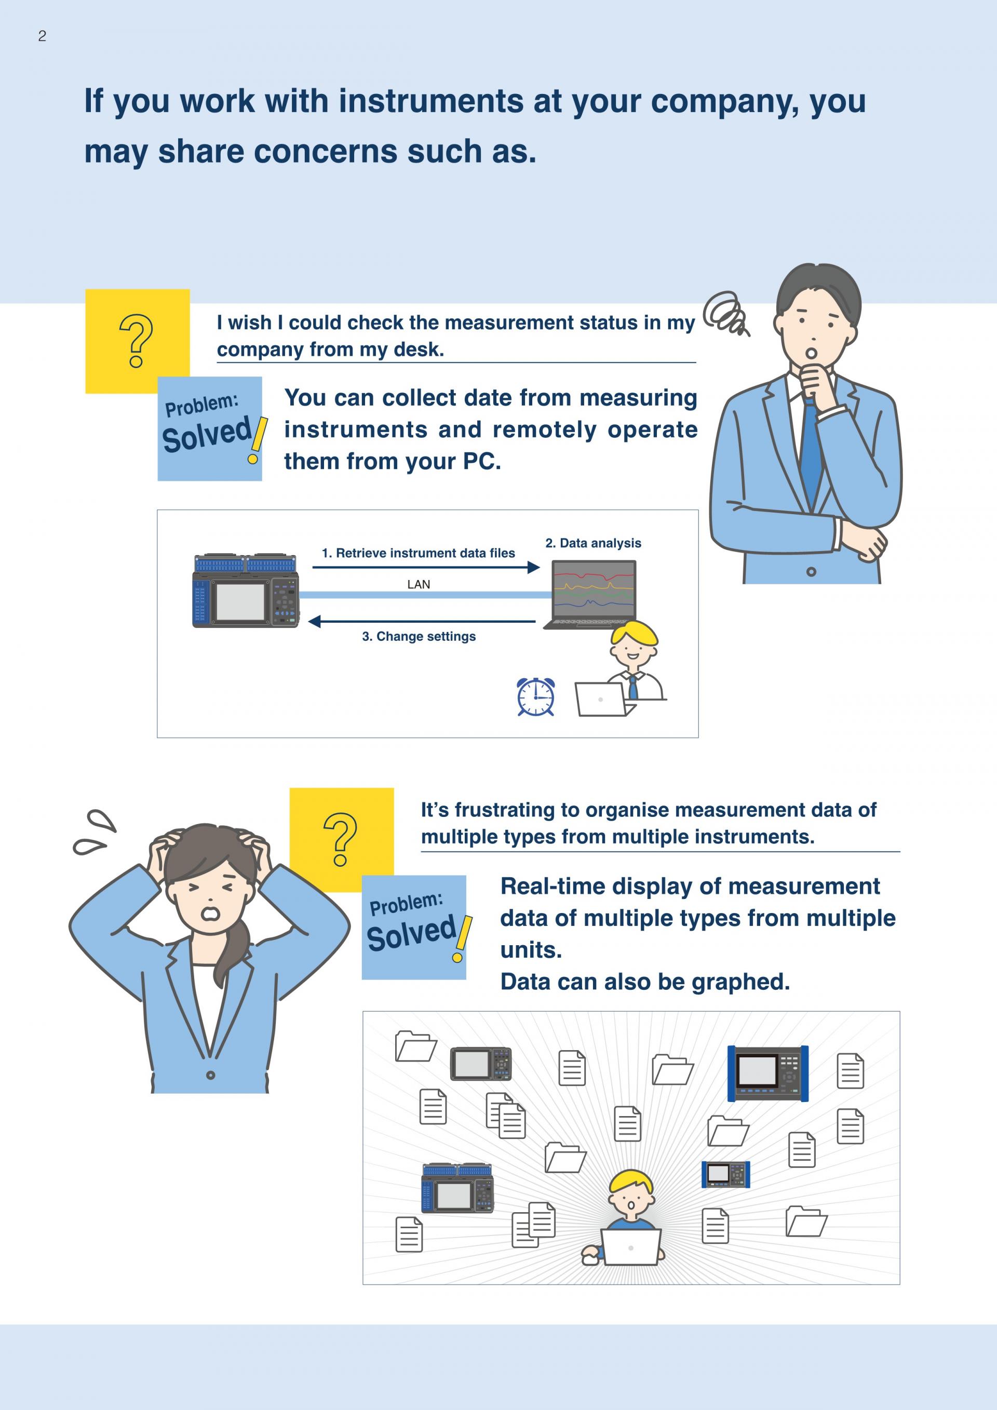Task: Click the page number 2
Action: click(42, 36)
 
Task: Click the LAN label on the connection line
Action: click(418, 584)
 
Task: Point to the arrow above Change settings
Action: click(422, 622)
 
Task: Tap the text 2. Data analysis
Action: click(593, 543)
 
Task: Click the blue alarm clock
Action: click(535, 697)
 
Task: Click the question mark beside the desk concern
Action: click(136, 341)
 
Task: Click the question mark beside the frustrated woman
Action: click(340, 839)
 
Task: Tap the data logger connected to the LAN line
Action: click(246, 591)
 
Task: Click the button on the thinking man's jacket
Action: click(811, 572)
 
